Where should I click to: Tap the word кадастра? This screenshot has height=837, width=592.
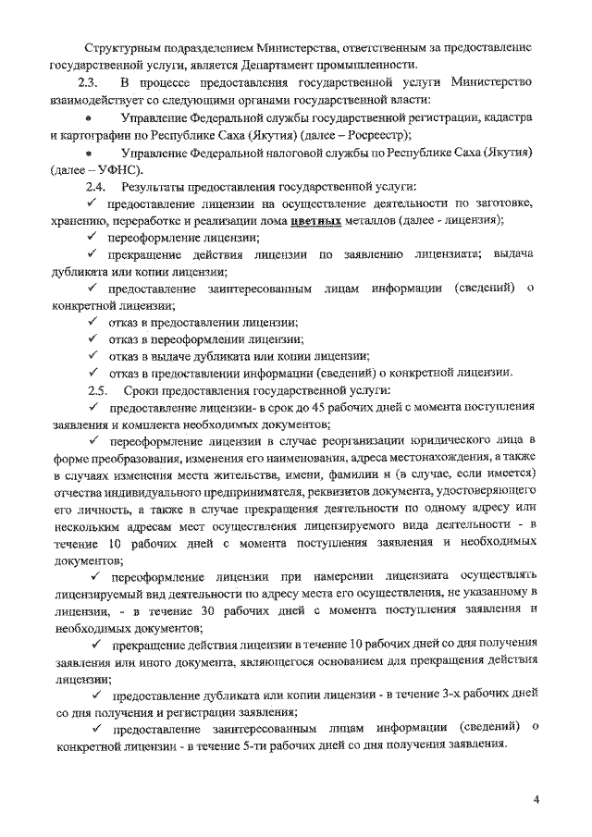point(502,117)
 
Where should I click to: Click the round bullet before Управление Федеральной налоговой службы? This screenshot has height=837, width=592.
point(87,154)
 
